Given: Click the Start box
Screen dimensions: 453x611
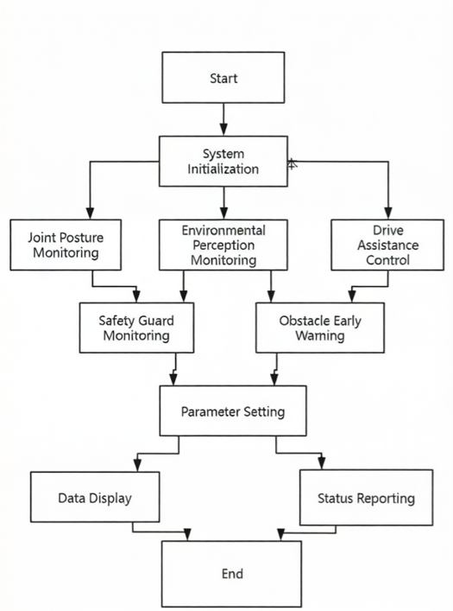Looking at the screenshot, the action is coord(223,78).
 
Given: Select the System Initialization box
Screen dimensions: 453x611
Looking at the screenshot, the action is coord(223,161).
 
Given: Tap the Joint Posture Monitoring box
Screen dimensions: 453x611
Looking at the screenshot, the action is coord(66,245).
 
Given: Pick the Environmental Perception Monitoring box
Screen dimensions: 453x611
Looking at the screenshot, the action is coord(223,245).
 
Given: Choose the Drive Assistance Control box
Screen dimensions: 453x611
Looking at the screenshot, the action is coord(387,245).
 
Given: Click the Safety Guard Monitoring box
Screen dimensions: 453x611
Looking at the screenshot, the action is coord(136,328).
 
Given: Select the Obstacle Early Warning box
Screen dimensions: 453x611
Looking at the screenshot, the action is coord(320,328).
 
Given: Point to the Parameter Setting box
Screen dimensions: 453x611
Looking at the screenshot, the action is coord(233,411).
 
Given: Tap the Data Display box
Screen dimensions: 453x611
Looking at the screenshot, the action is coord(95,497).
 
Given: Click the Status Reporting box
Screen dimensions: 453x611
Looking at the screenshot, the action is coord(366,497).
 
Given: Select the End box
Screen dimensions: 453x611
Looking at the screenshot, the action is coord(231,574).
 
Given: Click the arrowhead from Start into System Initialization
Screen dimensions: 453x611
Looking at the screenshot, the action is coord(223,130).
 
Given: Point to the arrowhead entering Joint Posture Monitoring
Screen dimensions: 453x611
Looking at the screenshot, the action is coord(90,213).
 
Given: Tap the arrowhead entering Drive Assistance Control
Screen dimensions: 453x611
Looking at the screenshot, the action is coord(388,213).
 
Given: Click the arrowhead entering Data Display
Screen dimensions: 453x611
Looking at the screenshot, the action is coord(137,465).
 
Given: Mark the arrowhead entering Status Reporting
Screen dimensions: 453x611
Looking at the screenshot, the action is coord(322,463).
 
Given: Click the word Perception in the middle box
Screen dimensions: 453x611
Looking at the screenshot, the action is coord(223,245).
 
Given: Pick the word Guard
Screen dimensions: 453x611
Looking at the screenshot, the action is coord(156,321).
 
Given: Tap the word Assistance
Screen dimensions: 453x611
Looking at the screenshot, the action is coord(387,245).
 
